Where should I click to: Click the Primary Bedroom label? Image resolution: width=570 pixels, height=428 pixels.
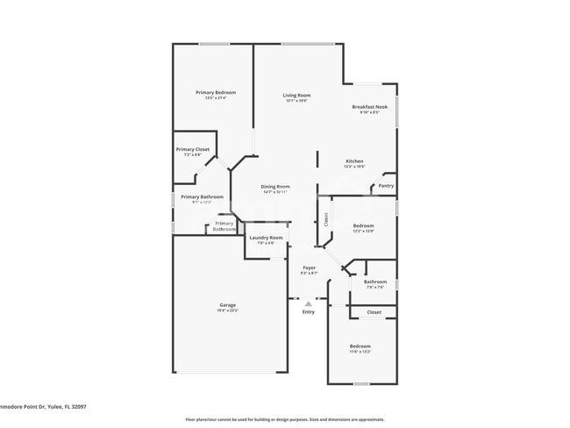(215, 92)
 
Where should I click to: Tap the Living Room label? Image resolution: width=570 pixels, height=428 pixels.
(296, 95)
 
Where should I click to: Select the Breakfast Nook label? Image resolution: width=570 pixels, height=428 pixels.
(368, 107)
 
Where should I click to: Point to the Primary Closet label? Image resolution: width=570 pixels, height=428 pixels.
(192, 149)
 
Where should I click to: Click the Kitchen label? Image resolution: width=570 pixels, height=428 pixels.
(354, 161)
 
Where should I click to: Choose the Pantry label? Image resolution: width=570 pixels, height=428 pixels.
(386, 185)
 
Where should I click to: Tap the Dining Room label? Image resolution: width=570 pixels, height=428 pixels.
(275, 186)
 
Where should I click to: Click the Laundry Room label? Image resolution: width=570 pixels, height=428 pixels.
(266, 238)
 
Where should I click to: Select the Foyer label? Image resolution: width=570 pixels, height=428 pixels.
(309, 267)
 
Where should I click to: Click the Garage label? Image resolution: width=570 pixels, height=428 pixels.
(227, 304)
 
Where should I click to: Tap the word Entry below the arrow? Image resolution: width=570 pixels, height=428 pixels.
(309, 312)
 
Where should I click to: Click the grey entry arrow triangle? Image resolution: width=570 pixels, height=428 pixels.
(309, 303)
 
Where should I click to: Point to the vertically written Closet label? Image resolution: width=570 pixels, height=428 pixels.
(327, 219)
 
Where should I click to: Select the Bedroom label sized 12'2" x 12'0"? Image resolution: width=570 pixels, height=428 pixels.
(363, 225)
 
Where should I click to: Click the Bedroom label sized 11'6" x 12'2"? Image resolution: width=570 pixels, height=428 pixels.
(360, 346)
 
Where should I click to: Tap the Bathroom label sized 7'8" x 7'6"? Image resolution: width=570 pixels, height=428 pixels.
(374, 282)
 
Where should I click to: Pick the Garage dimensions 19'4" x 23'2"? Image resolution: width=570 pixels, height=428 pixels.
(227, 310)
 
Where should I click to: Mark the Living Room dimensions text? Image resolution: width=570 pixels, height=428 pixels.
(296, 101)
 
